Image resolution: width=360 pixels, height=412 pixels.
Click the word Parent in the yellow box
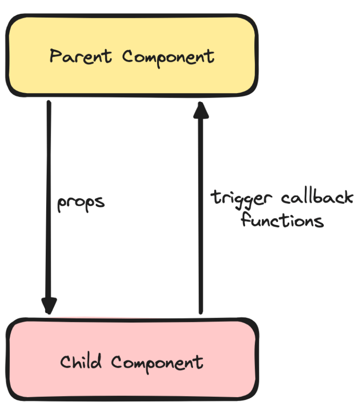click(81, 57)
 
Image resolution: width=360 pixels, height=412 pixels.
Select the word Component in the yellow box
click(168, 57)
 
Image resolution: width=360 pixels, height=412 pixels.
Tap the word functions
click(282, 220)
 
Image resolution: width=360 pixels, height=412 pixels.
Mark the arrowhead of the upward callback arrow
click(201, 110)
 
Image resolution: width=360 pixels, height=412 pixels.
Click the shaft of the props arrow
click(49, 179)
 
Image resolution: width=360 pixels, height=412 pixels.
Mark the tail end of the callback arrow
click(201, 311)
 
